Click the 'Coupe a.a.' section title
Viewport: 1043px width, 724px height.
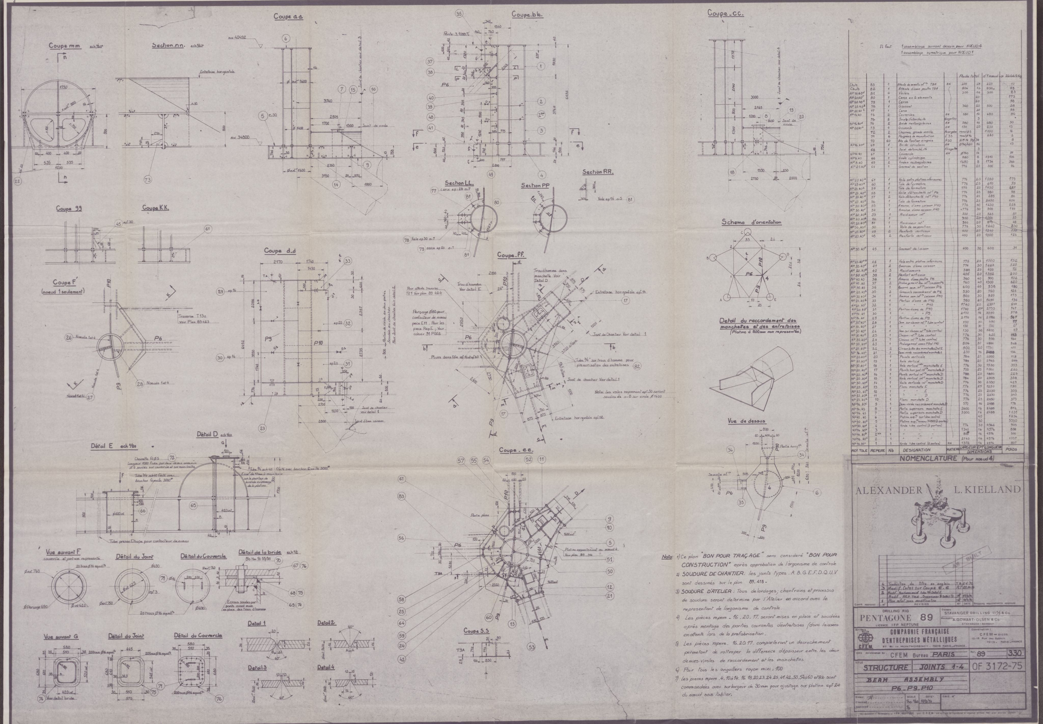[x=288, y=17]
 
